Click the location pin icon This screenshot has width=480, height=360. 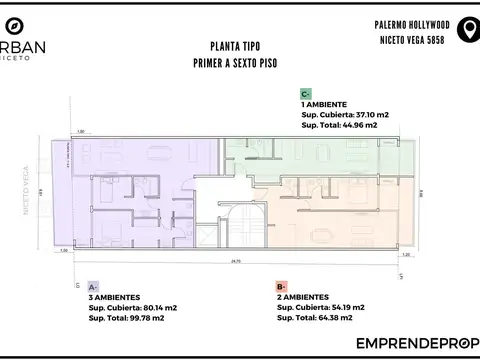click(x=466, y=31)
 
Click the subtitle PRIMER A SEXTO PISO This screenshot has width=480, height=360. click(x=231, y=62)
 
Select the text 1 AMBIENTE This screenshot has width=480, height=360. click(x=325, y=104)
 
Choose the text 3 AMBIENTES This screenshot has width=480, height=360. click(x=114, y=297)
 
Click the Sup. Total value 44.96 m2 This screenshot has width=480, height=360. click(x=357, y=125)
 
